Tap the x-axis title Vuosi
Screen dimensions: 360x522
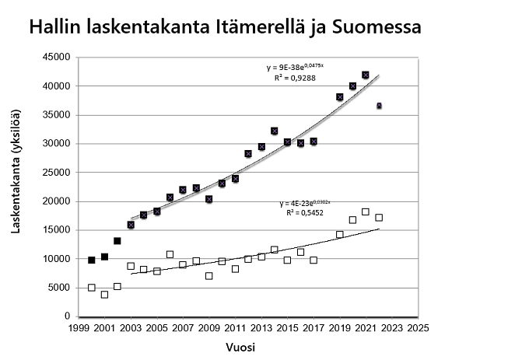247,346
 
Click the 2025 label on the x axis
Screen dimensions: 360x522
419,327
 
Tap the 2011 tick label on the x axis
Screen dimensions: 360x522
235,327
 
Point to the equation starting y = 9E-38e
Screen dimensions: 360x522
295,68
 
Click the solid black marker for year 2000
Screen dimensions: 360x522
92,260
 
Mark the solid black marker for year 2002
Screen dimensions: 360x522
117,241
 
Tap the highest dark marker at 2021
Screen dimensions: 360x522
366,75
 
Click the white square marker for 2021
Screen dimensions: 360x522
366,211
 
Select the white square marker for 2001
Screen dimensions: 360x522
104,295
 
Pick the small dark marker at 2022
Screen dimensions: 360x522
379,106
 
